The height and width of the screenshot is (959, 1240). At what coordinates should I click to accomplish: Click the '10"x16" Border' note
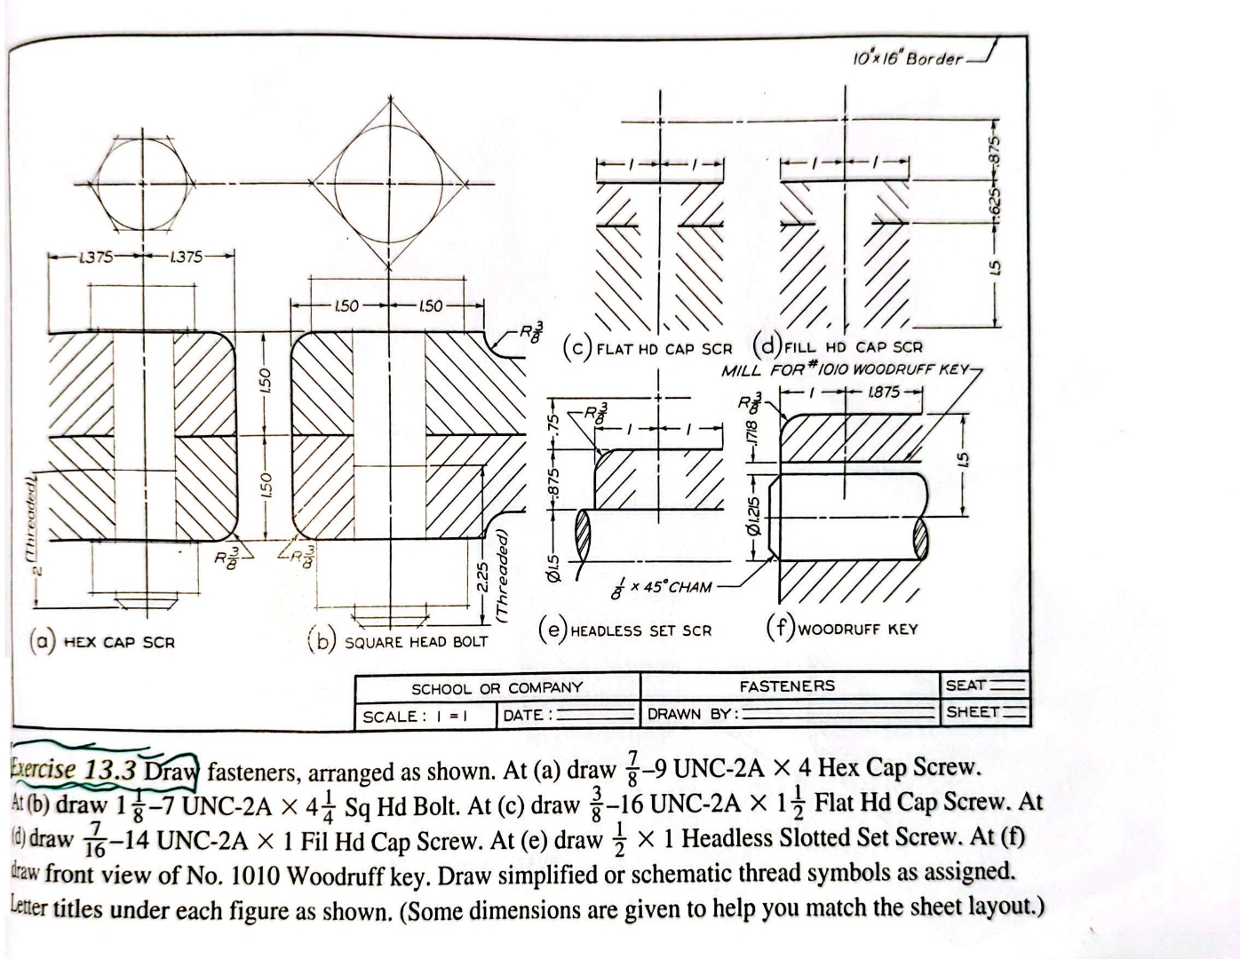tap(906, 58)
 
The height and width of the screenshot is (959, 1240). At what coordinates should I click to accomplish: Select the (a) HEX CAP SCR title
tap(103, 641)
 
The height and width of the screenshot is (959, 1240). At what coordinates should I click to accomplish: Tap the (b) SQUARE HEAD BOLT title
tap(400, 641)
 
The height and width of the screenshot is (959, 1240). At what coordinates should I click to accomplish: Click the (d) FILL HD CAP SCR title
tap(839, 346)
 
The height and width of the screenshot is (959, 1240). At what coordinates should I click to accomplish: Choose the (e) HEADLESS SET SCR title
tap(626, 630)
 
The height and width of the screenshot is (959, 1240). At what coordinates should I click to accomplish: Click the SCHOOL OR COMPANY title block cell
tap(497, 688)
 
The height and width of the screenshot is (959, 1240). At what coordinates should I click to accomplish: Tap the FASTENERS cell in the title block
tap(787, 686)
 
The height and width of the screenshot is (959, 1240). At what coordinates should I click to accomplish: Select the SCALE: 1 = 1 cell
tap(415, 716)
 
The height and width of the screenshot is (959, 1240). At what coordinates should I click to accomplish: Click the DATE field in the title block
tap(568, 715)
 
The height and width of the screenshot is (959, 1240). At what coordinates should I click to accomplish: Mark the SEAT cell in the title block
tap(984, 686)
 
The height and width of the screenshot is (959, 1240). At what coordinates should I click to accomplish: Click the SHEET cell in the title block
tap(984, 712)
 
